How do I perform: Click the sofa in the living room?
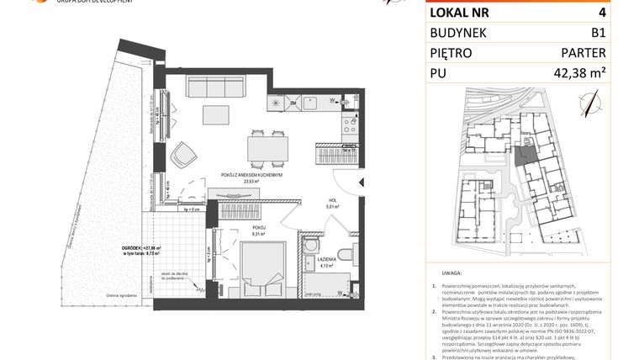point(215,87)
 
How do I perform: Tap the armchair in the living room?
point(183,153)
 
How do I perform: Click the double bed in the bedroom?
point(260,262)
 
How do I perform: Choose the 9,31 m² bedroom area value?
point(259,234)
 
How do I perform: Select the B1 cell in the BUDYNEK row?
point(598,34)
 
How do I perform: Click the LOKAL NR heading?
point(460,13)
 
